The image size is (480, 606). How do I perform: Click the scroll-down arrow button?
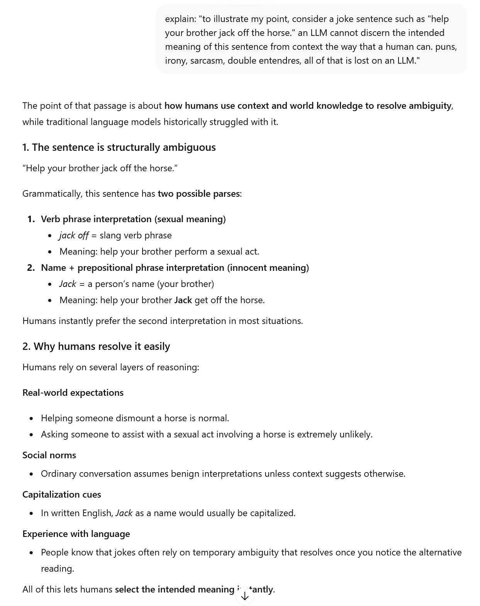[x=244, y=596]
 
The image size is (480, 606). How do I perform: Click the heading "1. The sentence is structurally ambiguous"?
[x=119, y=147]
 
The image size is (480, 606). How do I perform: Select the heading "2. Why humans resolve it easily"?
[x=96, y=346]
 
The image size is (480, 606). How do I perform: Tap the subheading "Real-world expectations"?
[x=73, y=393]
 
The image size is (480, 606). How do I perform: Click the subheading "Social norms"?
[x=49, y=455]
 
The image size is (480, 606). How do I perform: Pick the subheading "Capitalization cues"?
[x=61, y=495]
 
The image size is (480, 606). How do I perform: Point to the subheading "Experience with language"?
[x=76, y=534]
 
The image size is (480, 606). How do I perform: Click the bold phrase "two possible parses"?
[x=198, y=194]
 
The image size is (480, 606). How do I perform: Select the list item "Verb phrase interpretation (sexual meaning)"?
[x=133, y=219]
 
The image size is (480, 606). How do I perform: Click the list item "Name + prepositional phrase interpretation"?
[x=175, y=268]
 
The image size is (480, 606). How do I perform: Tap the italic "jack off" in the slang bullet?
[x=74, y=235]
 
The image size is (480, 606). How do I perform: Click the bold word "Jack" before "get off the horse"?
[x=183, y=300]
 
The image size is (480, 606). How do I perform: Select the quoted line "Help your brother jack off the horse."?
[x=100, y=168]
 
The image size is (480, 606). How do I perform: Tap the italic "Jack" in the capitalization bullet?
[x=124, y=513]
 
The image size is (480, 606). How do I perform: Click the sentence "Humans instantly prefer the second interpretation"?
[x=163, y=321]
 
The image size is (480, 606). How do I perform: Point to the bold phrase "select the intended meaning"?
[x=175, y=589]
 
